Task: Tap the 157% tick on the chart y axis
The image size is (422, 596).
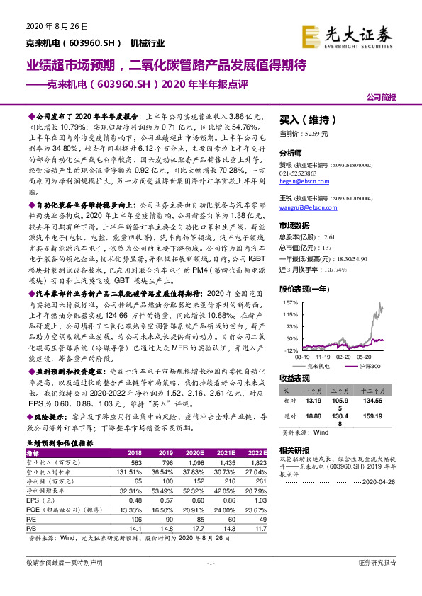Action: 289,302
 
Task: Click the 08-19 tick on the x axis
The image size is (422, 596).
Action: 301,358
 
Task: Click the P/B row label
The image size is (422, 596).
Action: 31,527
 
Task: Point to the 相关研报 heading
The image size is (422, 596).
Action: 294,449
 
